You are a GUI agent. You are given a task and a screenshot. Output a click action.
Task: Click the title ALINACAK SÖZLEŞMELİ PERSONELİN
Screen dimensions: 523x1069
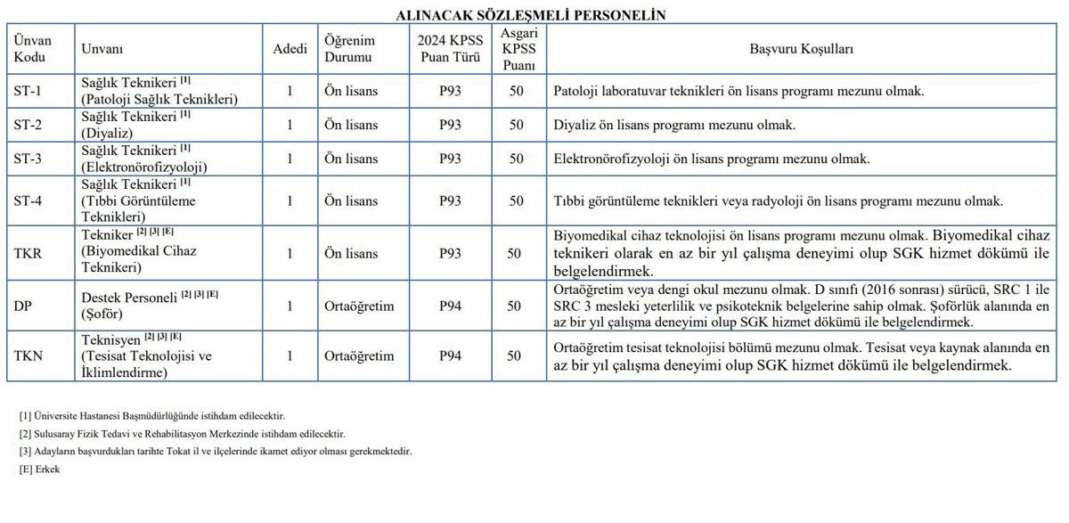pyautogui.click(x=531, y=15)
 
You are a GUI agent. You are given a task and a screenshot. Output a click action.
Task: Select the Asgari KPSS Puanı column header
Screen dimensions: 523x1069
pyautogui.click(x=518, y=49)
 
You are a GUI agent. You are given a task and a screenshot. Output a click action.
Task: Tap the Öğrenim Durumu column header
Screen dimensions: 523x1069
pyautogui.click(x=349, y=49)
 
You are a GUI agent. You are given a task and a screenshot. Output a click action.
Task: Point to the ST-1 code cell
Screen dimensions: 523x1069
pyautogui.click(x=28, y=91)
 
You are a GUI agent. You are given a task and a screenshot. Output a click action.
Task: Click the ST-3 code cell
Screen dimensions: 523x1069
pyautogui.click(x=28, y=159)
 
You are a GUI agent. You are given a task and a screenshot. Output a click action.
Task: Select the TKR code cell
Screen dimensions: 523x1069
pyautogui.click(x=28, y=253)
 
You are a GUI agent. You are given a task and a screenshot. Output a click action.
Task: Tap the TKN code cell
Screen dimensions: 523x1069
pyautogui.click(x=28, y=355)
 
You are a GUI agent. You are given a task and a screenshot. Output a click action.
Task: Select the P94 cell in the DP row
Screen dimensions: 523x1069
pyautogui.click(x=450, y=306)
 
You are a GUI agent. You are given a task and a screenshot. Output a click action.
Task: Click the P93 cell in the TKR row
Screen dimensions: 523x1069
pyautogui.click(x=450, y=253)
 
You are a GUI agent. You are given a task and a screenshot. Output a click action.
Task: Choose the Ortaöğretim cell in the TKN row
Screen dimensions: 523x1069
pyautogui.click(x=359, y=355)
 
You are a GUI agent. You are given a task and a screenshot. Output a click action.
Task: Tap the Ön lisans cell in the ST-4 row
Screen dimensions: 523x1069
pyautogui.click(x=350, y=200)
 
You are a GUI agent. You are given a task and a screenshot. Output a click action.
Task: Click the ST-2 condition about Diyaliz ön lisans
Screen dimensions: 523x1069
pyautogui.click(x=674, y=125)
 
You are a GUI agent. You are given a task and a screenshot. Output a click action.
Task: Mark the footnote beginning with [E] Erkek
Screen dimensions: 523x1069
pyautogui.click(x=39, y=470)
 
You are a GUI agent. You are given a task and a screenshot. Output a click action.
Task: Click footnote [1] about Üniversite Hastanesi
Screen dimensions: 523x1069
pyautogui.click(x=152, y=416)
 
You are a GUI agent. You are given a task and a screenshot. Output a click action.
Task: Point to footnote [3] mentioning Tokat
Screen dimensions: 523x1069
pyautogui.click(x=216, y=452)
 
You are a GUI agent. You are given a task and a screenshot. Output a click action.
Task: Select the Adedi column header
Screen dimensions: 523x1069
pyautogui.click(x=290, y=49)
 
